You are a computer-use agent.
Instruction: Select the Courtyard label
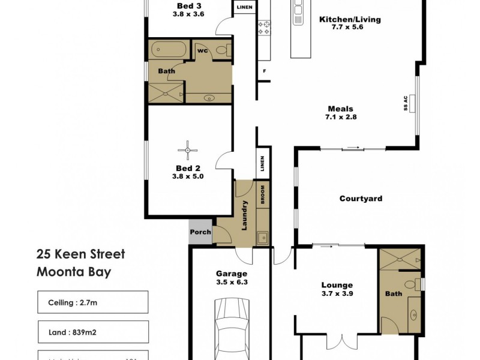point(361,199)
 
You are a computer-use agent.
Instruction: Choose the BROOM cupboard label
point(263,193)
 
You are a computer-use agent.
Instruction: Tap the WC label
point(202,51)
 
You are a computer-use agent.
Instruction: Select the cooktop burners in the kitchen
point(265,26)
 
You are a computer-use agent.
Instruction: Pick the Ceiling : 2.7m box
point(92,302)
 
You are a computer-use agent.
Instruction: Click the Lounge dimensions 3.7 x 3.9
point(337,294)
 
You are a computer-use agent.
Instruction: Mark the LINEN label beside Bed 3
point(245,8)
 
